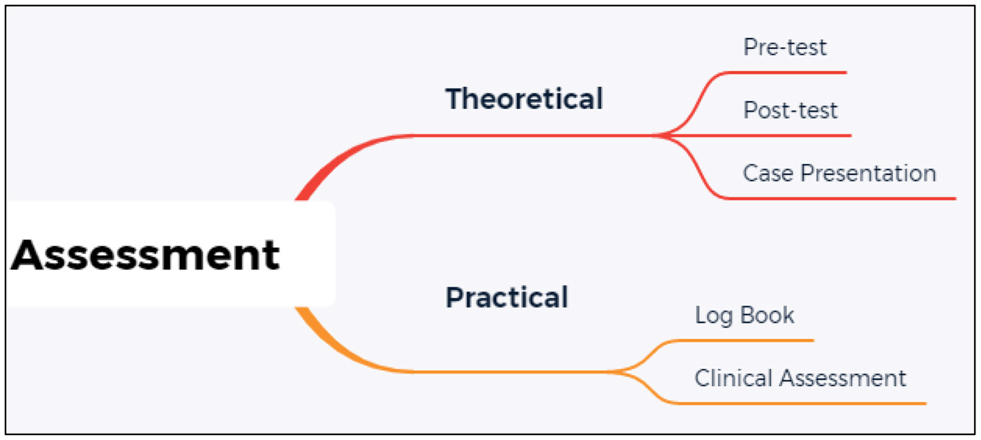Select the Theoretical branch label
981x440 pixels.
click(x=524, y=99)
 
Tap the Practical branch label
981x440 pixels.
click(x=507, y=297)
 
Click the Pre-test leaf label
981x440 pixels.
click(x=785, y=47)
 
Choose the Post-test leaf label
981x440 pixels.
click(x=790, y=110)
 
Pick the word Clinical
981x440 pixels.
click(x=733, y=378)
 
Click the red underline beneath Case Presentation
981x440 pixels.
click(x=845, y=199)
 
